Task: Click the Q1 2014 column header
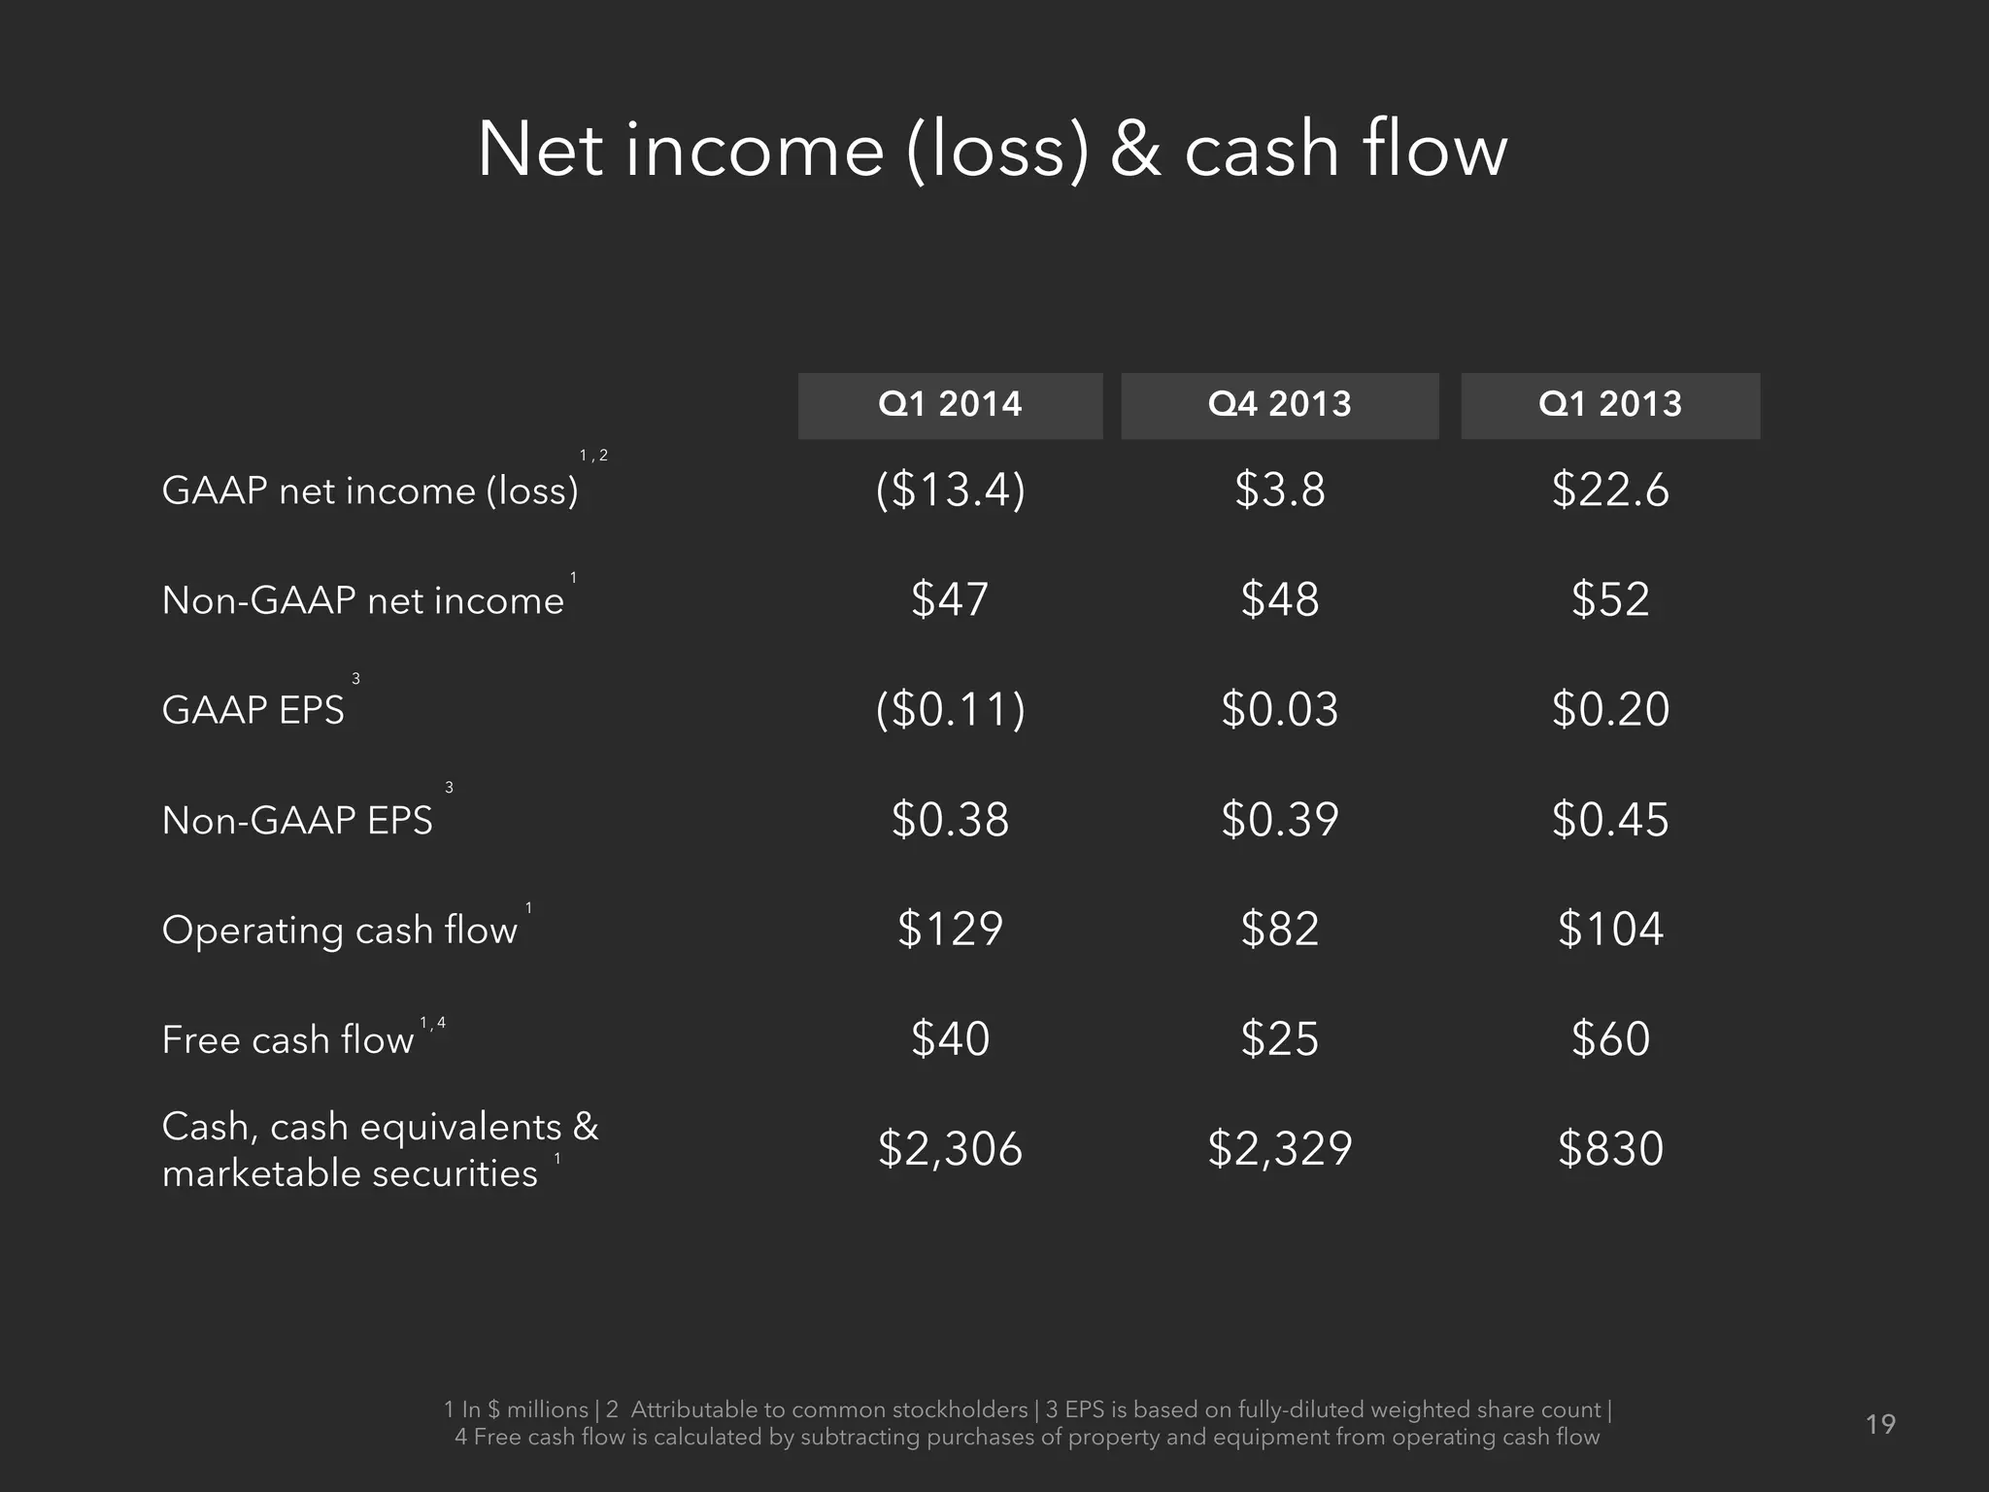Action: coord(950,405)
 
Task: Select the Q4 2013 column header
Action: coord(1279,405)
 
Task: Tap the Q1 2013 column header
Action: coord(1609,405)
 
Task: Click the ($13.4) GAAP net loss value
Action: coord(950,490)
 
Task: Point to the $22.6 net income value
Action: coord(1609,490)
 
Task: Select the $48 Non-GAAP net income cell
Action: coord(1279,599)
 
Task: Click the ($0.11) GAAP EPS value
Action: coord(950,709)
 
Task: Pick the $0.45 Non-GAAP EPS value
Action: coord(1609,820)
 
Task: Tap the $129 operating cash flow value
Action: coord(950,930)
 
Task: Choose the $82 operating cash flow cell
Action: coord(1279,930)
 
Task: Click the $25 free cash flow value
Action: coord(1279,1039)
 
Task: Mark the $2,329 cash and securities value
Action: coord(1279,1149)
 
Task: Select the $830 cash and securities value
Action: coord(1609,1149)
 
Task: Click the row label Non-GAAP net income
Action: coord(362,601)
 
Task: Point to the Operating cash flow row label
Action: coord(339,931)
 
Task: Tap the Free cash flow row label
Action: coord(287,1040)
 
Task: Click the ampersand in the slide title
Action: coord(1134,151)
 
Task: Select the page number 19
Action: coord(1880,1425)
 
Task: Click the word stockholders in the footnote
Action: coord(960,1409)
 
